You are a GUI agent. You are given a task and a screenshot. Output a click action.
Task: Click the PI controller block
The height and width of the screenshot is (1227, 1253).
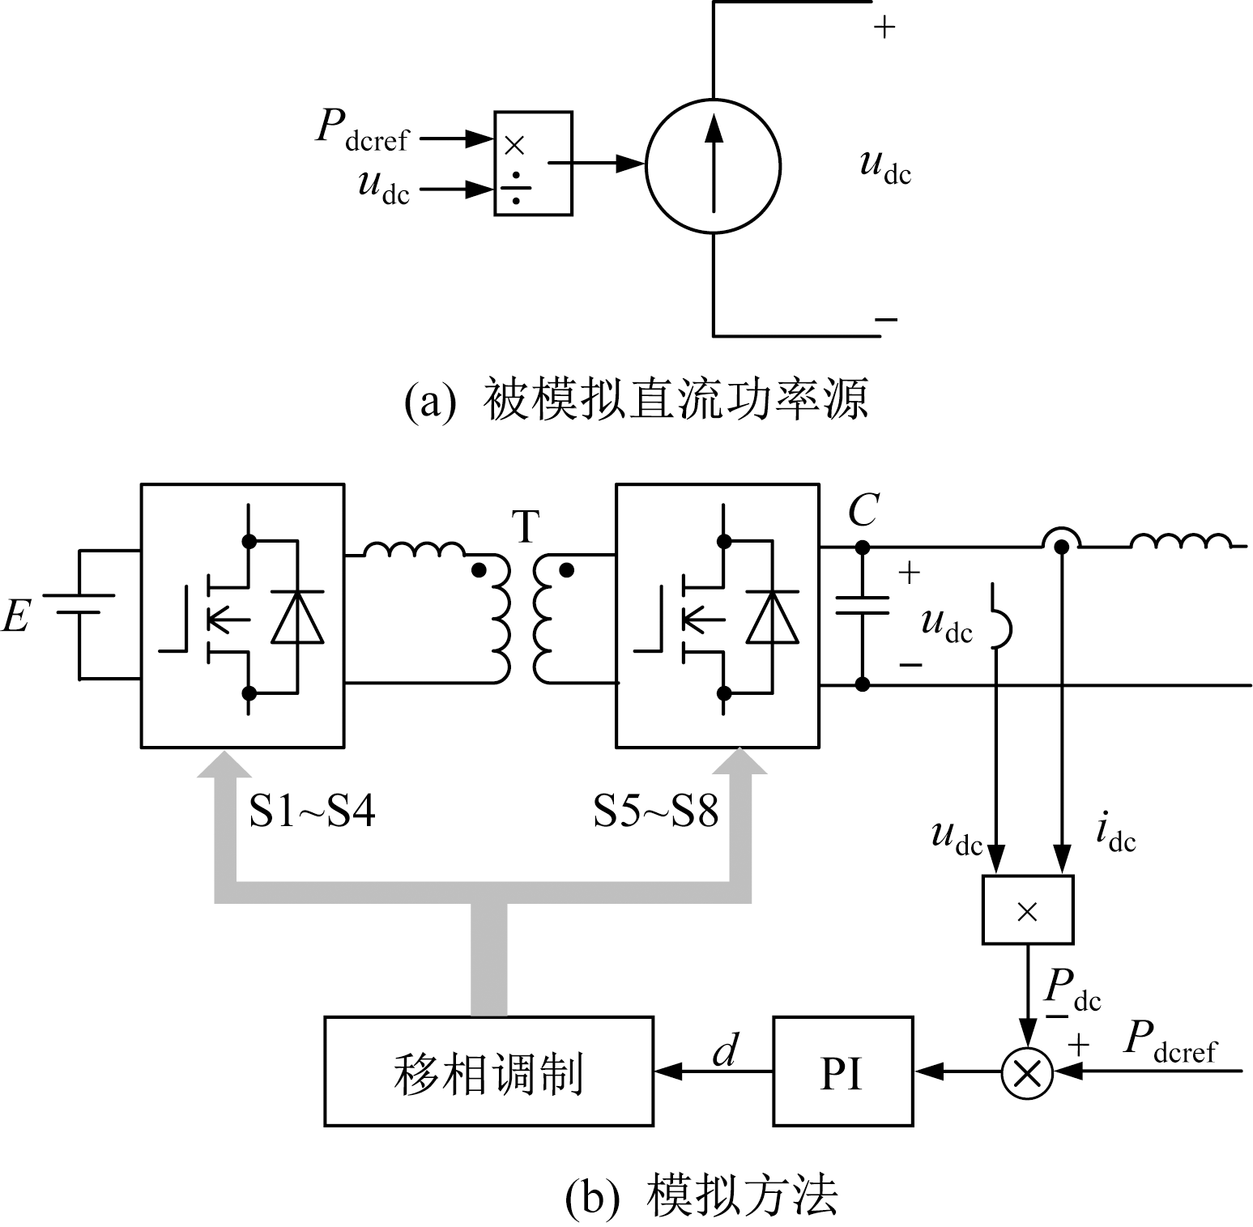coord(842,1071)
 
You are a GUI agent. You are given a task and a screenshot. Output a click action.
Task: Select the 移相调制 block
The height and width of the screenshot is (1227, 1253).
coord(488,1071)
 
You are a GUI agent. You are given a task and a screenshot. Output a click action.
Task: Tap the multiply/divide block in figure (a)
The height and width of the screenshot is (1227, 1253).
coord(533,163)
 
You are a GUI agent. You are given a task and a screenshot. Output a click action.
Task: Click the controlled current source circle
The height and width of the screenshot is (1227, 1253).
coord(713,166)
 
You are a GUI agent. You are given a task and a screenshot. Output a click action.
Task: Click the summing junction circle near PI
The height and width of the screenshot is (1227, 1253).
coord(1027,1072)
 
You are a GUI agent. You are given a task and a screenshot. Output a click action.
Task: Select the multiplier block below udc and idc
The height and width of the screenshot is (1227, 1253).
coord(1027,910)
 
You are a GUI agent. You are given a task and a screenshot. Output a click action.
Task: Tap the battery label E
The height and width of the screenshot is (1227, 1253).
coord(16,616)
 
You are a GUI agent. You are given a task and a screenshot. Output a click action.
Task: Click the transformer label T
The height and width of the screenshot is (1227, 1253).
coord(526,526)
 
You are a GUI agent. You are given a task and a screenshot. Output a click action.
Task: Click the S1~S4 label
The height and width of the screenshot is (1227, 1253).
coord(312,811)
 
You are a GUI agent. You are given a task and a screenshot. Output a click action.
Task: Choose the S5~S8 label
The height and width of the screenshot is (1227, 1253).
coord(655,811)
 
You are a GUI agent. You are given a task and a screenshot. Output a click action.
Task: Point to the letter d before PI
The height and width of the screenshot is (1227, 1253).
coord(725,1051)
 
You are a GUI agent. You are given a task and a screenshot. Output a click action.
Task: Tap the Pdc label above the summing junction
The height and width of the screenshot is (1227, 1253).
coord(1072,989)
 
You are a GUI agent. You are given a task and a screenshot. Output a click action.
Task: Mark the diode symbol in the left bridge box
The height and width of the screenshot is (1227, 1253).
coord(297,617)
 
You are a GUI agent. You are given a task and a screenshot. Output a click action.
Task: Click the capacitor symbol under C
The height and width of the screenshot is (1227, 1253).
coord(863,605)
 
